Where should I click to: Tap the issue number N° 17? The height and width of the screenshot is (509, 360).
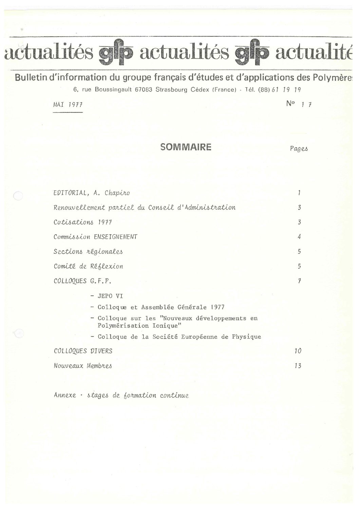(299, 104)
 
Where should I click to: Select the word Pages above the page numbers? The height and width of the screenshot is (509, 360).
(299, 149)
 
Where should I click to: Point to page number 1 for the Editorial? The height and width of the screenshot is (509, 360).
(299, 193)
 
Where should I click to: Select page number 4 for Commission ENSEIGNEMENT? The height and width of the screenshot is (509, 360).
(299, 237)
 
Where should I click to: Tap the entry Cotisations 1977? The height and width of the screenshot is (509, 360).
(83, 222)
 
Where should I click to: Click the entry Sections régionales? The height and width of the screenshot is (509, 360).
(88, 252)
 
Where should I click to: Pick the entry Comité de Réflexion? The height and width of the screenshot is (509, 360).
(88, 267)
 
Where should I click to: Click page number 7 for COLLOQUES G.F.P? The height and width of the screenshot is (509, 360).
(299, 281)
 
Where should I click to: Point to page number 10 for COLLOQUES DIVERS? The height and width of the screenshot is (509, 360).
(298, 351)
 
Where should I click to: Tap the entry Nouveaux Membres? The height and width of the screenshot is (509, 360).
(83, 366)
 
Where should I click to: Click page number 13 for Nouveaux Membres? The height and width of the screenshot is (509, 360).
(298, 366)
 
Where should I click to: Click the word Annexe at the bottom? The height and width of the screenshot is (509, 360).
(65, 395)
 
